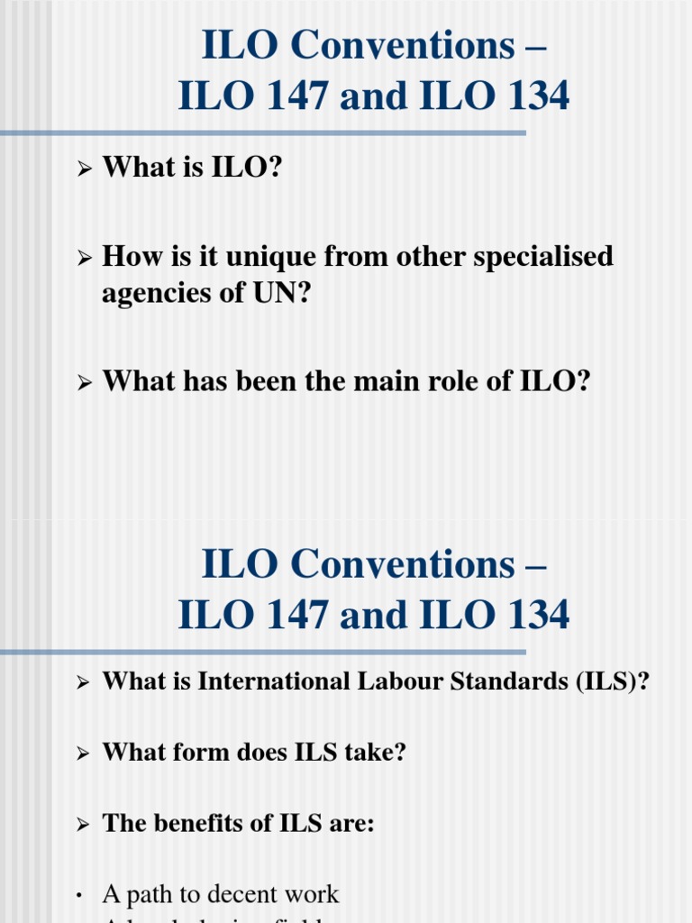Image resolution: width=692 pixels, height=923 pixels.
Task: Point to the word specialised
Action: click(532, 257)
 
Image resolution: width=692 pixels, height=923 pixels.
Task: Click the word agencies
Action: click(152, 294)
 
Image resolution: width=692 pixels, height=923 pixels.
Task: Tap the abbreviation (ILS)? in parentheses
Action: click(613, 681)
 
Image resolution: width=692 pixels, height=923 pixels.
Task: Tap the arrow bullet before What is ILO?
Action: click(84, 168)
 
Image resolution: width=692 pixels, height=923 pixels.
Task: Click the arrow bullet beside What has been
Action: click(84, 383)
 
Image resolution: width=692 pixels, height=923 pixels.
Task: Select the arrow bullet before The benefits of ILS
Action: click(84, 825)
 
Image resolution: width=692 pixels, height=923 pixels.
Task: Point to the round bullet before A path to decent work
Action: click(79, 896)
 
